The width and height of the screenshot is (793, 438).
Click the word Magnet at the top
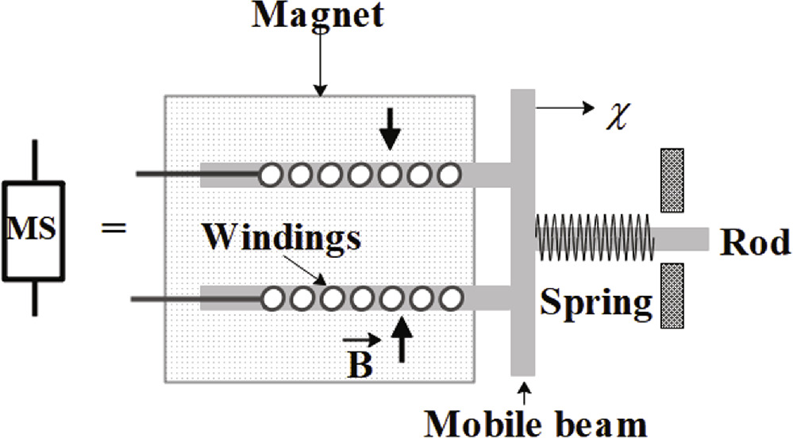point(317,15)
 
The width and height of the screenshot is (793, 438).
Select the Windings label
point(282,236)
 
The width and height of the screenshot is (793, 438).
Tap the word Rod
point(754,243)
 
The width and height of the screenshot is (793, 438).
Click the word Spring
point(596,302)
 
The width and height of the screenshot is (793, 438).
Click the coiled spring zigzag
point(595,237)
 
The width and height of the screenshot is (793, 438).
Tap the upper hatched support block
point(672,180)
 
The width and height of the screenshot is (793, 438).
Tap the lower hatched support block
point(672,295)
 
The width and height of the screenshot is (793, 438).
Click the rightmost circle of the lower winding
point(451,298)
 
